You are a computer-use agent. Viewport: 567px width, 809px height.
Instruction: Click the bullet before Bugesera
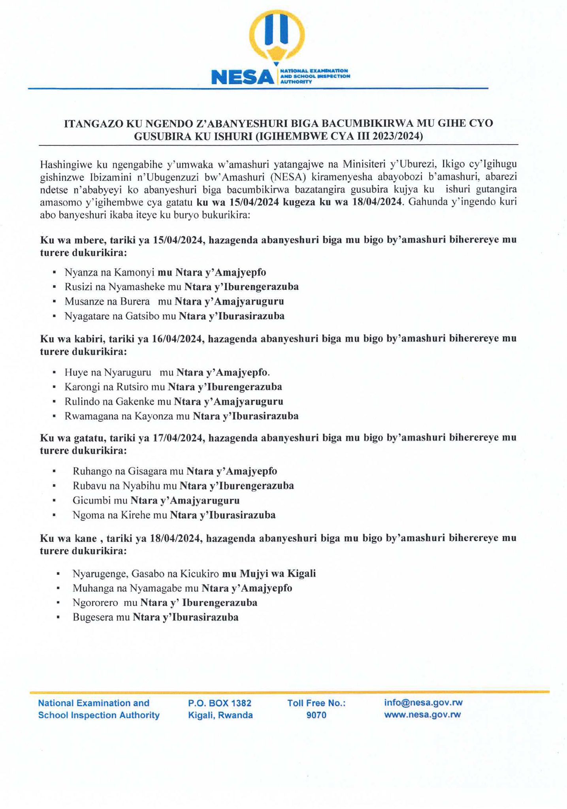tap(58, 618)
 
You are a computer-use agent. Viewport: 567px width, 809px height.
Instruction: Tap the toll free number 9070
tap(316, 715)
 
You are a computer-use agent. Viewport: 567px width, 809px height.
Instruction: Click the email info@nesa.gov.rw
tap(423, 702)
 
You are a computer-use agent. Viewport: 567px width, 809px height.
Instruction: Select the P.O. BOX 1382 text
tap(220, 703)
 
